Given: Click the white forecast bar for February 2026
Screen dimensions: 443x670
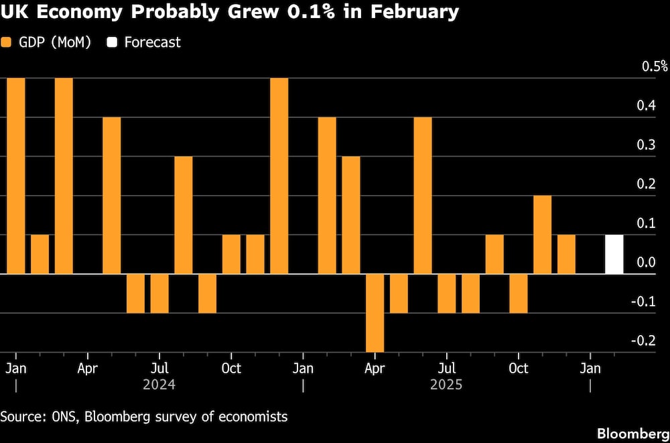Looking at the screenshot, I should (614, 255).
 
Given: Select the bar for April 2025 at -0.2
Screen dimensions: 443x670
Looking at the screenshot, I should (375, 312).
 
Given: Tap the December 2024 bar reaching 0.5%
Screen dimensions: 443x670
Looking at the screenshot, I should (279, 176).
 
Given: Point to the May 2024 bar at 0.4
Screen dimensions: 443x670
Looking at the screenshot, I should (111, 196).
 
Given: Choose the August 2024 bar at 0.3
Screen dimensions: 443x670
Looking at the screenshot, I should (183, 215).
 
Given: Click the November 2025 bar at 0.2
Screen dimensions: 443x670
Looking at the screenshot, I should (542, 235).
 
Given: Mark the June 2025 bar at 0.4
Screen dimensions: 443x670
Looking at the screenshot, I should (423, 196).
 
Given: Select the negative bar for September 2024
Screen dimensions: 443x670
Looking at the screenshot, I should (207, 294).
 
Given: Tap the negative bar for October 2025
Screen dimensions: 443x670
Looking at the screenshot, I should (518, 294).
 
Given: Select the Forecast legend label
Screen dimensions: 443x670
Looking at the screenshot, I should (152, 42).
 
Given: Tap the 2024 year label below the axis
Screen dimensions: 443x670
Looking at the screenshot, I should (159, 385).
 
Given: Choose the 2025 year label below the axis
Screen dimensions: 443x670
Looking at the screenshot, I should (446, 385).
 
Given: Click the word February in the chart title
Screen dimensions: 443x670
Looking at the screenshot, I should (411, 12).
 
